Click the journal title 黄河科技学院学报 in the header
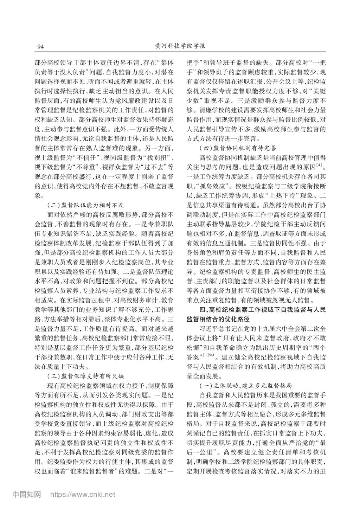180,46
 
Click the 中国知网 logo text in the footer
27,495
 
